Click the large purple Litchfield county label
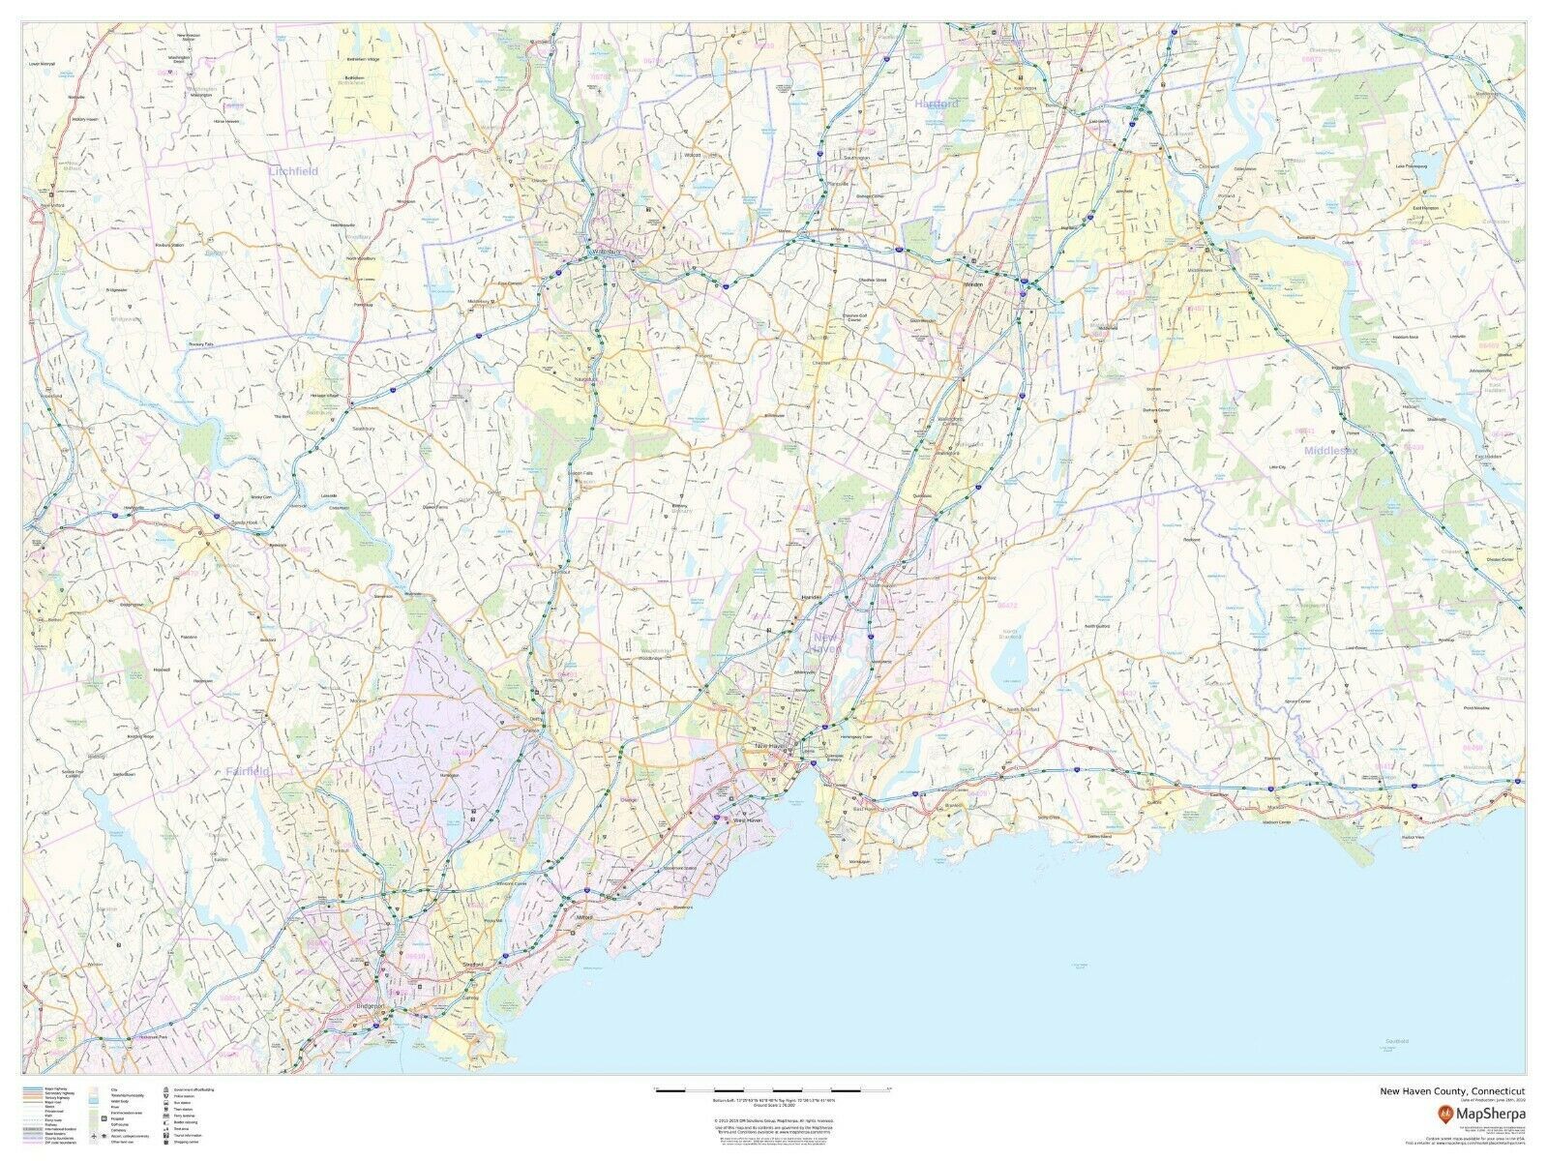pyautogui.click(x=294, y=170)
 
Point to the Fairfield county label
pyautogui.click(x=248, y=771)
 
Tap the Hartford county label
pyautogui.click(x=936, y=103)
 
